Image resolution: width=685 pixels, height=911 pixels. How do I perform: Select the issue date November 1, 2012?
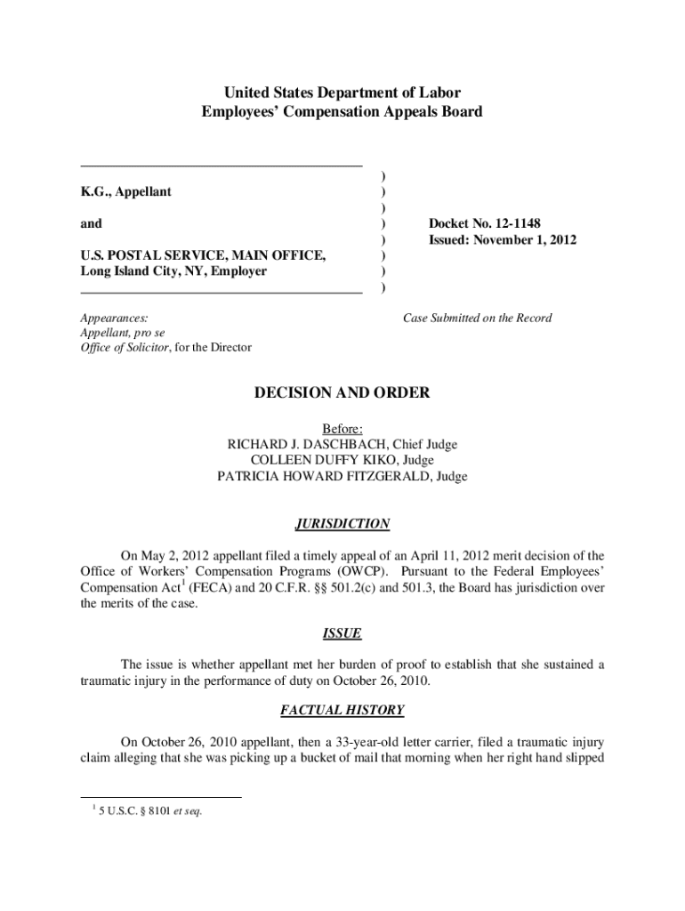(x=525, y=240)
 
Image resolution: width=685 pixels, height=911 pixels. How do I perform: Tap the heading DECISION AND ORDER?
(x=342, y=393)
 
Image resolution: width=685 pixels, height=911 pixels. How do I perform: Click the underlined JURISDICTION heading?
(x=342, y=524)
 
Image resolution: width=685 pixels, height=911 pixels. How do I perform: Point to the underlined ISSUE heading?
(x=342, y=633)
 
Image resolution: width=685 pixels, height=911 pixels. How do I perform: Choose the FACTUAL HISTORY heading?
(x=342, y=710)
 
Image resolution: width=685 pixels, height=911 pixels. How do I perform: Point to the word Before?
(x=342, y=429)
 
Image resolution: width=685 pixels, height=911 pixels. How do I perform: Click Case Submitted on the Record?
(x=478, y=318)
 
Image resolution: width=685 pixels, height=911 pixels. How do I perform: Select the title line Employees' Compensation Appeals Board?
(x=342, y=112)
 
